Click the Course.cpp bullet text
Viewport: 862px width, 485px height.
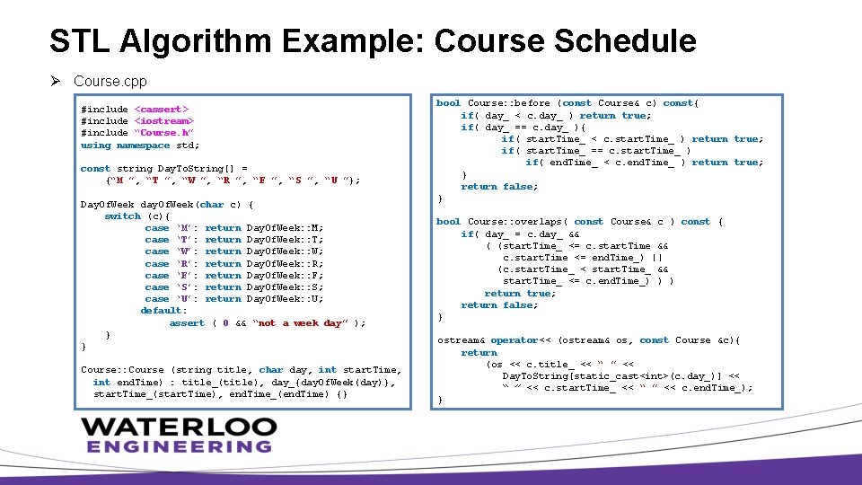(x=110, y=82)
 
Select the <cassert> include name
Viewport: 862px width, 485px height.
(x=162, y=110)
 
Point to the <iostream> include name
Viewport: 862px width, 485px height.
(x=164, y=121)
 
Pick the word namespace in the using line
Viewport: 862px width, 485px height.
(x=143, y=145)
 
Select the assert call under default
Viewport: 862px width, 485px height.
(x=187, y=323)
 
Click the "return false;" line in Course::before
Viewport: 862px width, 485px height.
(x=499, y=187)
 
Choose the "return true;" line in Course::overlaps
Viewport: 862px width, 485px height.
(x=521, y=294)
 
